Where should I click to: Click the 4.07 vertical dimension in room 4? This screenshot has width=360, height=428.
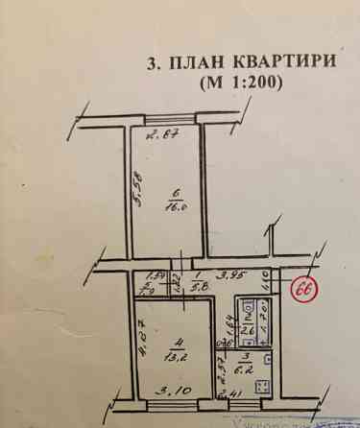point(140,338)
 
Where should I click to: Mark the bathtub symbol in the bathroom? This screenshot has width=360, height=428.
point(260,322)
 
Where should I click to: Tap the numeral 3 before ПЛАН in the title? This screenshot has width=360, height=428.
point(152,63)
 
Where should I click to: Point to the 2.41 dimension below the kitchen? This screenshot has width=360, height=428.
point(232,393)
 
